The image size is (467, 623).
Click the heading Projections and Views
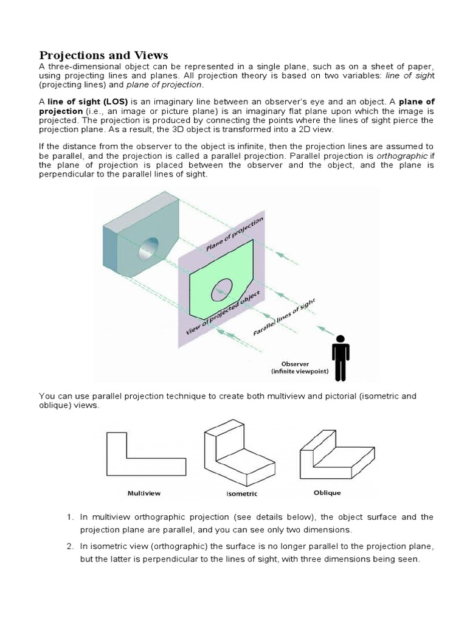tap(103, 55)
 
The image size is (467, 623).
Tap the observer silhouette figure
tap(341, 358)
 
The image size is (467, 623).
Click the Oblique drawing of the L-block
tap(338, 451)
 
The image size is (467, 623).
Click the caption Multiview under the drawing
tap(144, 493)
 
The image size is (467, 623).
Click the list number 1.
tap(69, 517)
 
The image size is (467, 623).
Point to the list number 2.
tap(69, 546)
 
